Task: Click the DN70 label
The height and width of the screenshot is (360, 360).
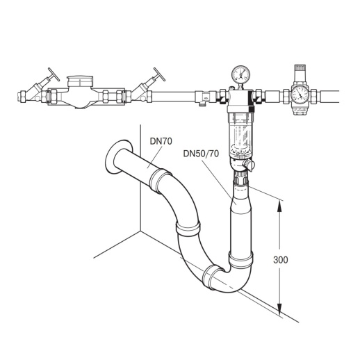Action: pyautogui.click(x=161, y=140)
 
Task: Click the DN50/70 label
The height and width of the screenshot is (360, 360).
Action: pyautogui.click(x=200, y=153)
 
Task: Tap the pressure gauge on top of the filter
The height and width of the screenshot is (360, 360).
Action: pyautogui.click(x=240, y=74)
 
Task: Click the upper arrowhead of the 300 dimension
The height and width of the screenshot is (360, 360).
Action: pyautogui.click(x=281, y=204)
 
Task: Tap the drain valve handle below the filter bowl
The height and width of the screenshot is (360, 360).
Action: pyautogui.click(x=250, y=165)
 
